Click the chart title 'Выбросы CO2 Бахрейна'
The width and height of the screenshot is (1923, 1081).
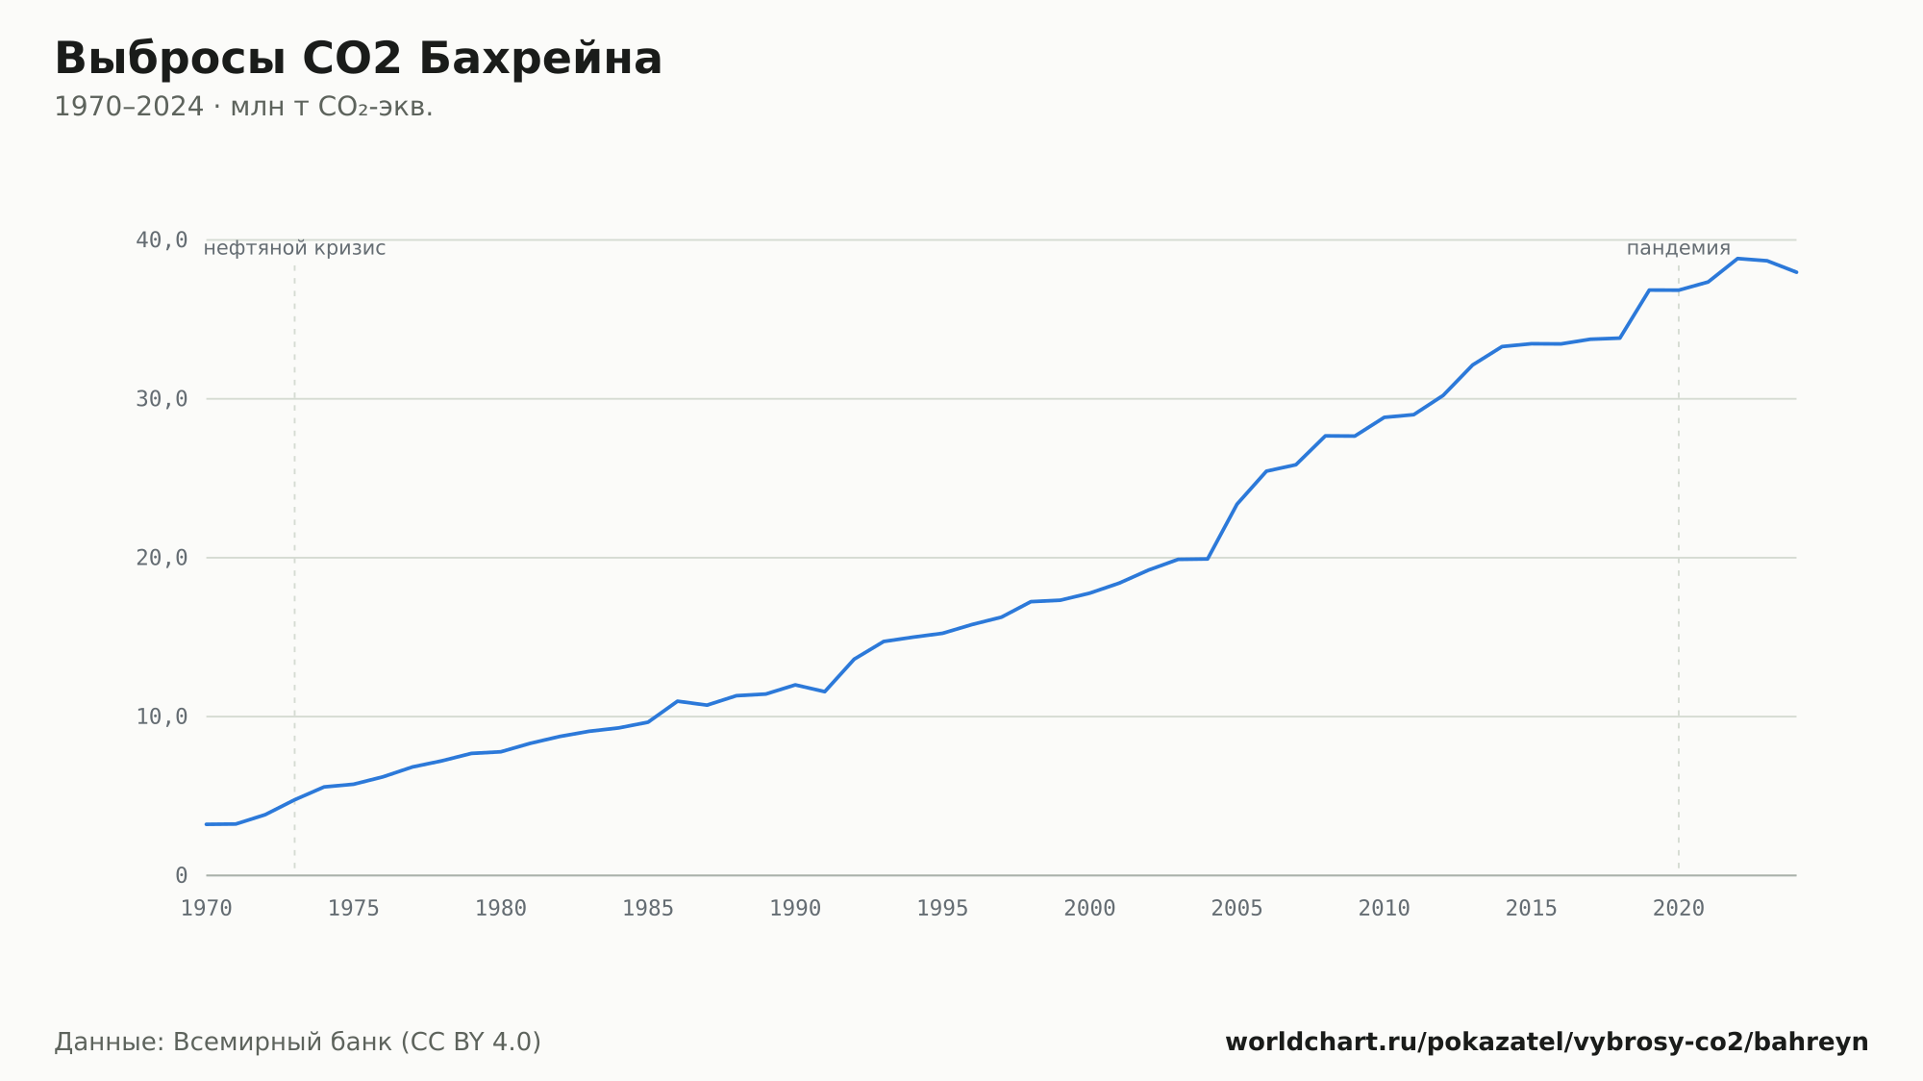pyautogui.click(x=358, y=59)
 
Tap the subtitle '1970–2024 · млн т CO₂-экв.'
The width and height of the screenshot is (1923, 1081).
pyautogui.click(x=243, y=107)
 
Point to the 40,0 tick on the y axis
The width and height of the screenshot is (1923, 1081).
pyautogui.click(x=162, y=240)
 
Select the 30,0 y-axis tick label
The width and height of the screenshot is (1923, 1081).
pyautogui.click(x=162, y=399)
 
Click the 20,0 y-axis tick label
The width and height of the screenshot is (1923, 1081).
pyautogui.click(x=162, y=558)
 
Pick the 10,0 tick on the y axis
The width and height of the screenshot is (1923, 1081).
pyautogui.click(x=162, y=716)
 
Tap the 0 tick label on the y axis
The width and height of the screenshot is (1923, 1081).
pyautogui.click(x=182, y=876)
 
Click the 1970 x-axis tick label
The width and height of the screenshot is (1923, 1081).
pyautogui.click(x=207, y=909)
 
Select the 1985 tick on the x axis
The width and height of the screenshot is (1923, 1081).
pyautogui.click(x=648, y=909)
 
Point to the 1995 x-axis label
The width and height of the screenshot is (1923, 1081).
pyautogui.click(x=942, y=909)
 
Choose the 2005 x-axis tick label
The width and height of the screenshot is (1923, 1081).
pyautogui.click(x=1236, y=909)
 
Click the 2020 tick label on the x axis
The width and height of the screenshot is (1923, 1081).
pyautogui.click(x=1679, y=909)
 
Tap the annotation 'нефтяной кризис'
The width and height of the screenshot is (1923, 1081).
pyautogui.click(x=294, y=248)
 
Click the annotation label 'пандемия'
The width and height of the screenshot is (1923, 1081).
pyautogui.click(x=1679, y=248)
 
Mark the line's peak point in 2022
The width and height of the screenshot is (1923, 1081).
pyautogui.click(x=1737, y=259)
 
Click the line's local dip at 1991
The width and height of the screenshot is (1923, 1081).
pyautogui.click(x=825, y=691)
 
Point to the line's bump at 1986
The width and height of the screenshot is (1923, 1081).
pyautogui.click(x=678, y=701)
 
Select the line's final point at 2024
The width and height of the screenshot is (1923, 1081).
pyautogui.click(x=1796, y=272)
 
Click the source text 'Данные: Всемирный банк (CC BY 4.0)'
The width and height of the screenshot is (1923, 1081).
pyautogui.click(x=298, y=1043)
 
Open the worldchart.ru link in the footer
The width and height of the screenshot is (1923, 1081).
pyautogui.click(x=1546, y=1043)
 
